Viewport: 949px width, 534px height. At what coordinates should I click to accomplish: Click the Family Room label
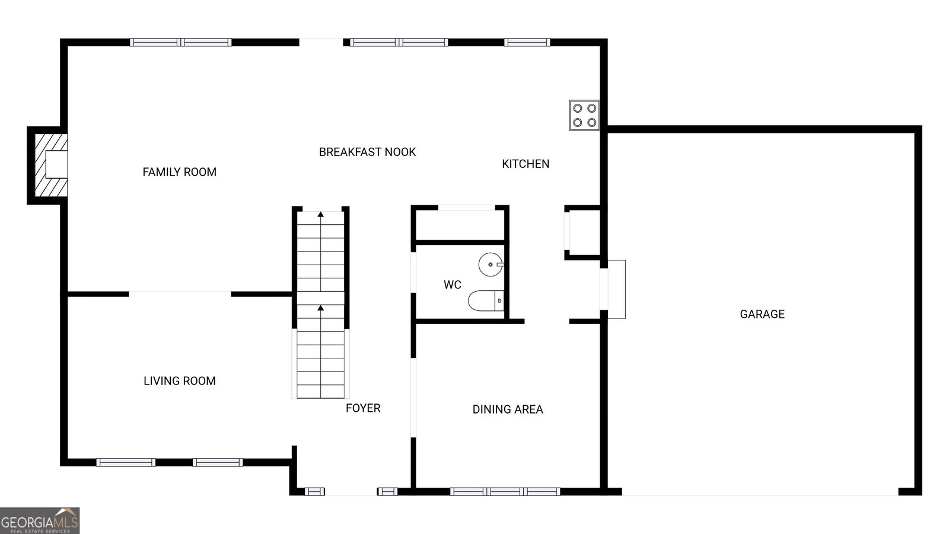click(179, 172)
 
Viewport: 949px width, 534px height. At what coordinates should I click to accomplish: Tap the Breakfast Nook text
click(367, 152)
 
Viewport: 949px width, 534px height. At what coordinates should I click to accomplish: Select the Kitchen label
click(526, 164)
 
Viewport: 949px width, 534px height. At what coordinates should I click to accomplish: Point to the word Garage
click(762, 314)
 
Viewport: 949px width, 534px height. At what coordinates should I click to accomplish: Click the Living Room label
click(180, 381)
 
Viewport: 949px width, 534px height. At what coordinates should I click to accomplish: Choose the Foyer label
click(363, 408)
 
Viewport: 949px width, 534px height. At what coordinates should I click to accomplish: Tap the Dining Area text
click(508, 409)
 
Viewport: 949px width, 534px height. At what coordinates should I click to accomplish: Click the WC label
click(453, 285)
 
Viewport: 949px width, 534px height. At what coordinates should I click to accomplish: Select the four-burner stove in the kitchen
click(584, 115)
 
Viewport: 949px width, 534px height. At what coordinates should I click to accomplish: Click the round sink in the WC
click(491, 265)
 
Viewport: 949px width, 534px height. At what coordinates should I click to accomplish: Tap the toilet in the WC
click(486, 300)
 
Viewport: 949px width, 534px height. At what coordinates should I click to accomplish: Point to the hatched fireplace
click(51, 166)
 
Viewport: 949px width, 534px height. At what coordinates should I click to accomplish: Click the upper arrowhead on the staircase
click(321, 214)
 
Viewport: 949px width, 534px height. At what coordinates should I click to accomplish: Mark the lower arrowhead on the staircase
click(321, 308)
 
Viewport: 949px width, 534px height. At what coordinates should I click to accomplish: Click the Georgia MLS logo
click(39, 521)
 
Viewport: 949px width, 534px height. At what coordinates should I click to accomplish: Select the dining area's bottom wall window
click(505, 492)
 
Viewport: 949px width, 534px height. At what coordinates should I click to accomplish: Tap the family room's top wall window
click(181, 42)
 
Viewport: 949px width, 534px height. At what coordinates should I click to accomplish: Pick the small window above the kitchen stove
click(527, 42)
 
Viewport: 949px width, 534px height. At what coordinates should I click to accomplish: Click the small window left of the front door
click(315, 492)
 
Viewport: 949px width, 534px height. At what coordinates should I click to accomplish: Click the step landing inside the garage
click(617, 290)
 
